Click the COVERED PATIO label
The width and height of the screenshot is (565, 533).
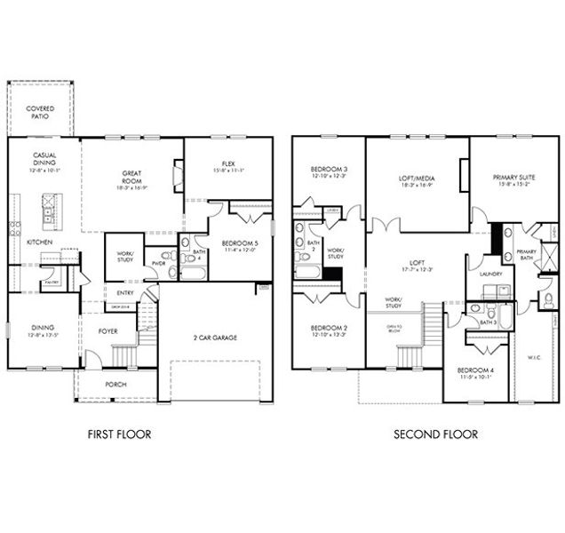[39, 112]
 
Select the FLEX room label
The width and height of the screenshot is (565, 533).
[228, 167]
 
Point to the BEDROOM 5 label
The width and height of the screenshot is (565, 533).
[238, 246]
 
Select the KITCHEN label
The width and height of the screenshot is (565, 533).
[39, 242]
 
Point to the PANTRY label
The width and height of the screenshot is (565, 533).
[52, 282]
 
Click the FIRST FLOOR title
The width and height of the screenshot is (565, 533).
[119, 434]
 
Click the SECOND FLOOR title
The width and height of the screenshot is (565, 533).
[436, 434]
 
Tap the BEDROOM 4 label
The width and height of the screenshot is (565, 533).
[475, 373]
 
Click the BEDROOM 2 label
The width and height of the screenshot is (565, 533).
[328, 332]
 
